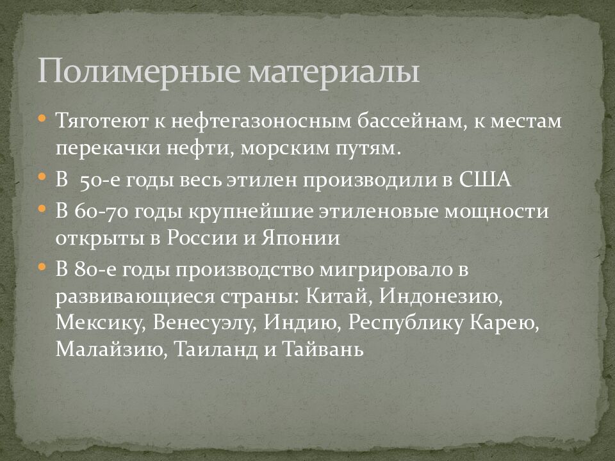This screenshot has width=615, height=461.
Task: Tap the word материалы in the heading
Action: pyautogui.click(x=332, y=72)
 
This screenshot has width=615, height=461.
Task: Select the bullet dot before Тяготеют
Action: pyautogui.click(x=42, y=118)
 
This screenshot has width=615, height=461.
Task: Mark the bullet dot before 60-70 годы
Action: pyautogui.click(x=42, y=208)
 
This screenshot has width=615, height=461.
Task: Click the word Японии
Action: pyautogui.click(x=300, y=238)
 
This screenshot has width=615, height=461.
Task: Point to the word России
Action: pyautogui.click(x=197, y=238)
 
